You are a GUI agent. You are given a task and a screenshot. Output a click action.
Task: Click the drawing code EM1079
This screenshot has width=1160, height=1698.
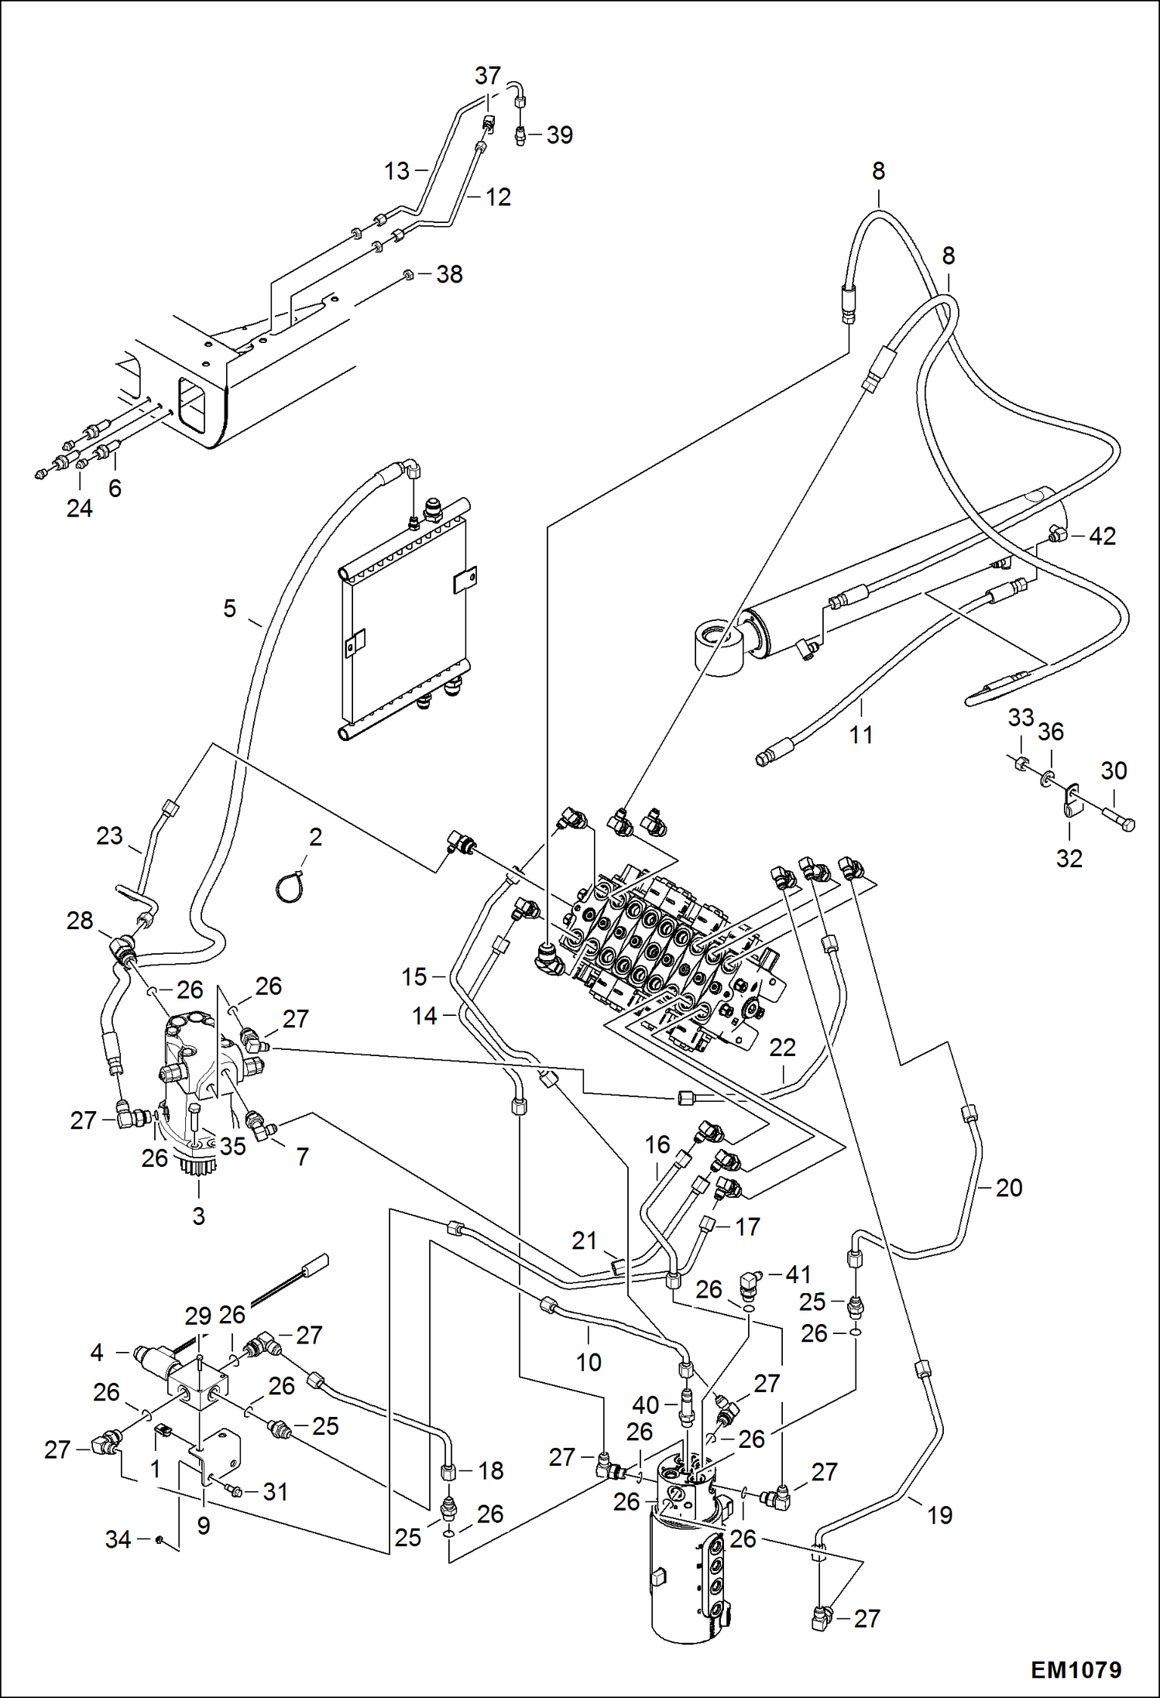[1076, 1670]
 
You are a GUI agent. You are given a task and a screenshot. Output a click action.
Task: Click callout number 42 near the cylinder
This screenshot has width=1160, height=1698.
[1102, 536]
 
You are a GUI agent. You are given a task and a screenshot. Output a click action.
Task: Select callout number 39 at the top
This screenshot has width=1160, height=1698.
[559, 135]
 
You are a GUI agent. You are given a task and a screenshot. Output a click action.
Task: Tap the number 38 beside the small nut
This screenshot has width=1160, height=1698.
[449, 274]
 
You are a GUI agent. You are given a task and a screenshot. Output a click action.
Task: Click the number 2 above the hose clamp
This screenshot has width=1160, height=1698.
[315, 836]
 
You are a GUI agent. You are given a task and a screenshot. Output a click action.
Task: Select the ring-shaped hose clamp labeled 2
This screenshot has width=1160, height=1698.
[288, 885]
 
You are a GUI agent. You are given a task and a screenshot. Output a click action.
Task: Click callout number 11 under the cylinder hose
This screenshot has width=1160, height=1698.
[861, 734]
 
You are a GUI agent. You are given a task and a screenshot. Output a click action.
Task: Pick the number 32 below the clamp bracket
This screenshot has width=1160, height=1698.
[1069, 858]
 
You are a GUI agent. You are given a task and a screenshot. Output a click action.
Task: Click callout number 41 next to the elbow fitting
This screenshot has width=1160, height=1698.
[798, 1274]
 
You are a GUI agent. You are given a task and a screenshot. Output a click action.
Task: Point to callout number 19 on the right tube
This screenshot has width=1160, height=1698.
[939, 1514]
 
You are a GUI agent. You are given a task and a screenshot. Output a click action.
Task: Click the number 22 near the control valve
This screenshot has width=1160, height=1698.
[782, 1048]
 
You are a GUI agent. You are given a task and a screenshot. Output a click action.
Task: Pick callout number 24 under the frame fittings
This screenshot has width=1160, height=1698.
[79, 508]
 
